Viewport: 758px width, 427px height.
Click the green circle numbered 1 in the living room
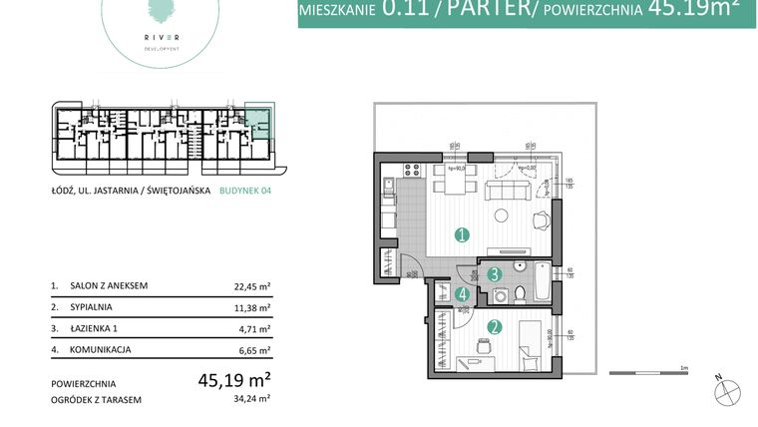click(461, 236)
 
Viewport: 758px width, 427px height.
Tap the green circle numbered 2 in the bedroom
click(493, 325)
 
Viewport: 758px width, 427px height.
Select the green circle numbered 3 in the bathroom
click(493, 274)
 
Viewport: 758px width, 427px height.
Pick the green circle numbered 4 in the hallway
click(462, 294)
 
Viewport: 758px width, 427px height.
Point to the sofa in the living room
click(506, 192)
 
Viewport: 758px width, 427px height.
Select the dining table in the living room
click(455, 187)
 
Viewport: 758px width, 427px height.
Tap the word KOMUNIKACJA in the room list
click(104, 349)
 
